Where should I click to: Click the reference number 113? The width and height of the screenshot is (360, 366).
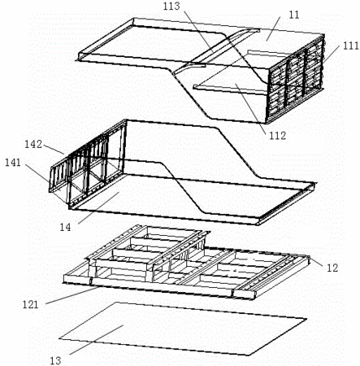click(171, 6)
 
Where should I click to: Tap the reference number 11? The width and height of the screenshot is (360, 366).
click(294, 15)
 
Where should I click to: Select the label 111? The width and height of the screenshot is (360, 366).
click(351, 46)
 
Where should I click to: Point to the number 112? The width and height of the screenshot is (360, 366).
click(277, 135)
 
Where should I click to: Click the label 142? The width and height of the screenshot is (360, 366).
click(33, 144)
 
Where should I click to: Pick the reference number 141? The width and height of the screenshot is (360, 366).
click(13, 163)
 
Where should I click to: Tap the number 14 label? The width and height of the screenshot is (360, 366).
click(65, 227)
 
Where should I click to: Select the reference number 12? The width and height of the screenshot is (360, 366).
click(332, 268)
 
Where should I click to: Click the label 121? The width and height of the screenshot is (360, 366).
click(30, 305)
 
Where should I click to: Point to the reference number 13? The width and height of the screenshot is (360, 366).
click(56, 361)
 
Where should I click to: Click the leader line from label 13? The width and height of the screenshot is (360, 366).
click(97, 339)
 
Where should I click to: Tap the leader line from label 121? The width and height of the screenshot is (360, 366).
click(72, 296)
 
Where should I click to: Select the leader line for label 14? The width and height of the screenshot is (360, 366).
click(98, 208)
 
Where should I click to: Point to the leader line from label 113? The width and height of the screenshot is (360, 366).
click(198, 31)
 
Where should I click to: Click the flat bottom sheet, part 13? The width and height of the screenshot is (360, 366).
click(183, 329)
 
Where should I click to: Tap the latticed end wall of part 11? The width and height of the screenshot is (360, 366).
click(296, 79)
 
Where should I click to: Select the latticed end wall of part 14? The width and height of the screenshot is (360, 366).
click(88, 163)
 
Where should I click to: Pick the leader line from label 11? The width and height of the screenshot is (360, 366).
click(273, 28)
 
